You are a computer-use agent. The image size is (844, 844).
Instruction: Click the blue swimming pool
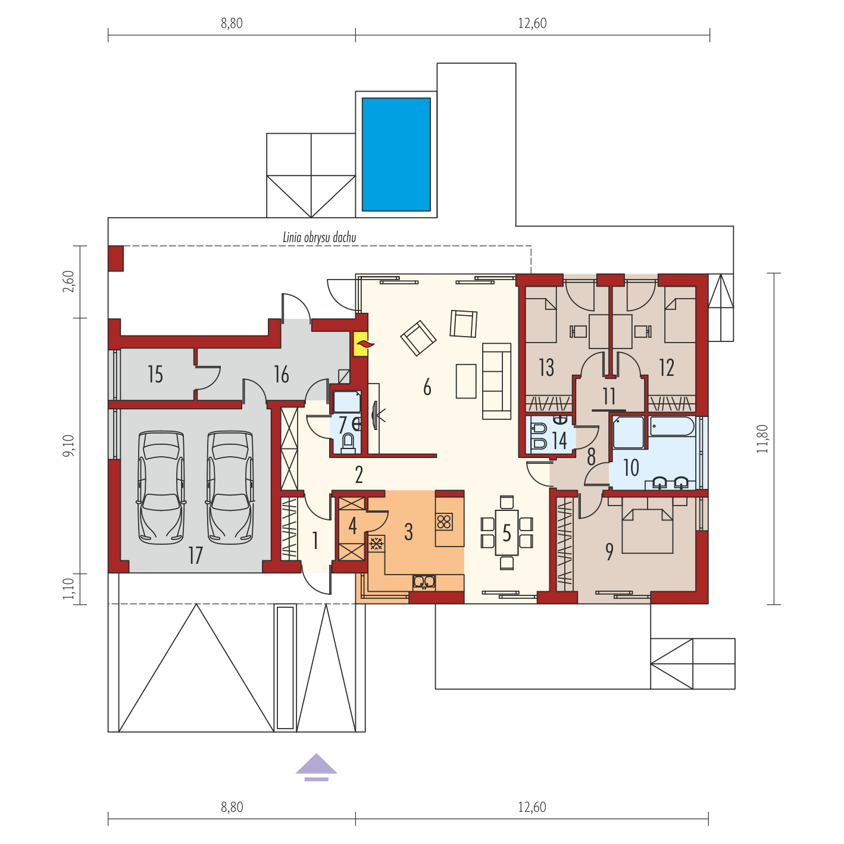396,154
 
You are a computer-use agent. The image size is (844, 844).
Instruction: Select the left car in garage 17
161,488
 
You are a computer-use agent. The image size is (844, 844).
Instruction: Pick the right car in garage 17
230,488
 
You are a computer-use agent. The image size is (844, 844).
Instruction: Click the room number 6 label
427,387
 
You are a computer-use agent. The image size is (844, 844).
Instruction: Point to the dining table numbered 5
507,532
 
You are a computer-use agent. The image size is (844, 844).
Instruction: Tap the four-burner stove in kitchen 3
443,522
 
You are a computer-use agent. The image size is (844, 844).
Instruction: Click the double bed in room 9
647,531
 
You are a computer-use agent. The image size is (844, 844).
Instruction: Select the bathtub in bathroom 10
672,426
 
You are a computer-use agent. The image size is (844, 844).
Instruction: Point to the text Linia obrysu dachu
319,238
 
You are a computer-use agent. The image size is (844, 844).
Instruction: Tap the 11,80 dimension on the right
762,438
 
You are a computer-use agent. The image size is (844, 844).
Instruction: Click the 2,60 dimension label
68,282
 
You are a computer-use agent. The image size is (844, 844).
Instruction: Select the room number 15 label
155,375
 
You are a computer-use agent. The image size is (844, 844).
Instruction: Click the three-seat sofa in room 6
497,381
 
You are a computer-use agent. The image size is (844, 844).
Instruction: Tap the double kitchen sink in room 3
424,582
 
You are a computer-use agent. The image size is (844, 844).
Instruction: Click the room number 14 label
559,440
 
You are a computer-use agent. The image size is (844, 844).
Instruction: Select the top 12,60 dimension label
532,23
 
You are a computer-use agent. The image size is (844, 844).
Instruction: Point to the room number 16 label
282,375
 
